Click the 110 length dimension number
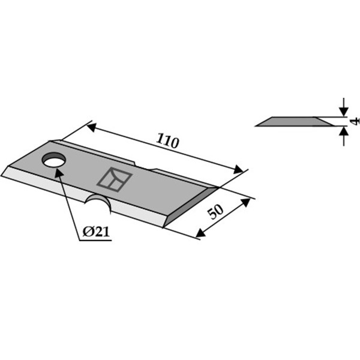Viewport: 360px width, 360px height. click(x=167, y=141)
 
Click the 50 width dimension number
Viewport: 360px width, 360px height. click(x=215, y=211)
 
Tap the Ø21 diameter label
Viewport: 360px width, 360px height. click(x=96, y=232)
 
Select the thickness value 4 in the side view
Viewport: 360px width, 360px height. click(x=355, y=121)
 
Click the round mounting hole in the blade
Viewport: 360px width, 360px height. click(x=54, y=160)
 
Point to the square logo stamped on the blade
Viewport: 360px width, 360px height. click(x=115, y=179)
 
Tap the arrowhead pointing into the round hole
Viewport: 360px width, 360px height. click(x=59, y=173)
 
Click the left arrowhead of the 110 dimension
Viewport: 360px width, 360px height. click(x=91, y=127)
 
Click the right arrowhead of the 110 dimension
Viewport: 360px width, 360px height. click(x=238, y=170)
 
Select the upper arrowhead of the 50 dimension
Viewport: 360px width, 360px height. click(x=245, y=202)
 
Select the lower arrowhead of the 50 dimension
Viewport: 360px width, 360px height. click(x=200, y=233)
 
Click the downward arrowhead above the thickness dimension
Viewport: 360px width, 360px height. click(x=343, y=112)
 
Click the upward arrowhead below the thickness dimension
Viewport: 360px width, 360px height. click(x=343, y=131)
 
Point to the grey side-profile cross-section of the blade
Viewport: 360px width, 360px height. click(x=295, y=122)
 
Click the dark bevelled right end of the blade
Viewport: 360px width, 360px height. click(x=191, y=207)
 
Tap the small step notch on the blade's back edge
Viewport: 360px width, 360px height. click(x=143, y=167)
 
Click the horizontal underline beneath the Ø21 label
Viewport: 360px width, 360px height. click(x=95, y=241)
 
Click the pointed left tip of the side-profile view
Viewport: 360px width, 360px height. click(x=256, y=126)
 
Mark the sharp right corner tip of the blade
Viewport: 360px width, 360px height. click(x=218, y=187)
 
